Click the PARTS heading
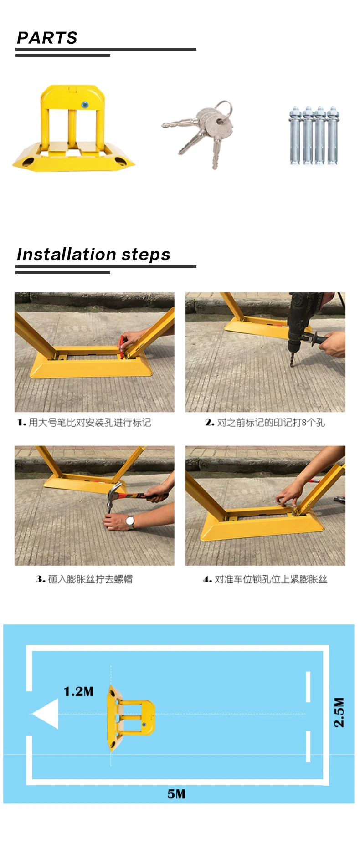pyautogui.click(x=47, y=37)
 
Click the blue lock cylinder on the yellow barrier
pyautogui.click(x=85, y=105)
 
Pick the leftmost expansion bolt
pyautogui.click(x=294, y=135)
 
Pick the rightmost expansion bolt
pyautogui.click(x=332, y=135)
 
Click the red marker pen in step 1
pyautogui.click(x=122, y=345)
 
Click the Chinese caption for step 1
pyautogui.click(x=84, y=422)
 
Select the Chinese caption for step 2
pyautogui.click(x=265, y=422)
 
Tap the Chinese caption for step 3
pyautogui.click(x=84, y=579)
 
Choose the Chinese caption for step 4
pyautogui.click(x=265, y=579)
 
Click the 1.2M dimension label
pyautogui.click(x=78, y=691)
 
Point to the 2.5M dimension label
pyautogui.click(x=339, y=712)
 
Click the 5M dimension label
pyautogui.click(x=176, y=794)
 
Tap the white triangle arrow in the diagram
pyautogui.click(x=46, y=714)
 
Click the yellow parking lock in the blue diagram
pyautogui.click(x=130, y=718)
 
